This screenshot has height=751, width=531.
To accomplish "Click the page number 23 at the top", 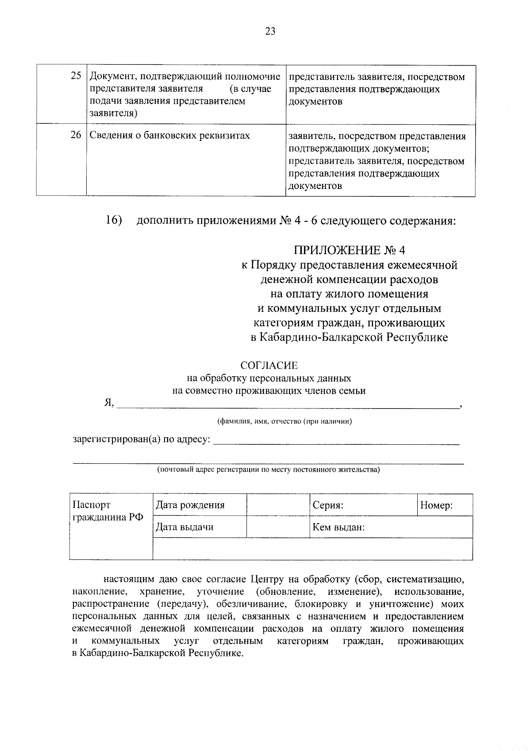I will point(270,31).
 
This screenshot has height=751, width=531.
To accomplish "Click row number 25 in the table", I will point(76,76).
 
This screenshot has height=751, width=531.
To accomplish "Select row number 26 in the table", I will point(76,135).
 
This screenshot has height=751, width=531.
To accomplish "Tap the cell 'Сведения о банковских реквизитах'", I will point(170,135).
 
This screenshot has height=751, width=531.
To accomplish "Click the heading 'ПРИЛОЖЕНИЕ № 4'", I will point(350,250).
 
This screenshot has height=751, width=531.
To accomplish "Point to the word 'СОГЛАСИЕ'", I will point(269,366).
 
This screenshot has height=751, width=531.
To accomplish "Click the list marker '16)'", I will point(114,220).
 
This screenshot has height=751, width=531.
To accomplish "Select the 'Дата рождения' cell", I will point(190,505).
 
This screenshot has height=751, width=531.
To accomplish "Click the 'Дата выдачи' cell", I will point(185,527).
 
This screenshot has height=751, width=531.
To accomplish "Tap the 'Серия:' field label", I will point(328,505).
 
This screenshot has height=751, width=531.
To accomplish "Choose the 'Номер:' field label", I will point(436,505).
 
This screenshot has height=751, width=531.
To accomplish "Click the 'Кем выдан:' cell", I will point(339,527).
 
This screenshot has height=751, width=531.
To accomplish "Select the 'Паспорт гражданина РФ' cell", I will point(108,511).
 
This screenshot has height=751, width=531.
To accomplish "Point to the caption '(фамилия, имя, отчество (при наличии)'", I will point(285,421).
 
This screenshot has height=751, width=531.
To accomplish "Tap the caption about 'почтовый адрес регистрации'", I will point(269,470).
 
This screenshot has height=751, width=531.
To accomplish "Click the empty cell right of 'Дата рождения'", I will point(278,505).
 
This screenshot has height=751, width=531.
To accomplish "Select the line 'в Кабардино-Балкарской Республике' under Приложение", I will point(350,338).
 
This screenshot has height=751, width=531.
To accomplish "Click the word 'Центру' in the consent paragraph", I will point(267,579).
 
